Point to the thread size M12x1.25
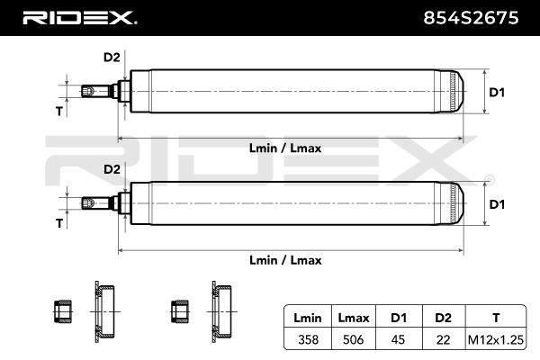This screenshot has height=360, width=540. point(495,340)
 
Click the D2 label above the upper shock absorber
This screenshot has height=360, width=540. point(112,58)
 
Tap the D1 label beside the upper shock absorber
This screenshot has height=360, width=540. point(497,92)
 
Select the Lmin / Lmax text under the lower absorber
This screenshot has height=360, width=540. point(286,259)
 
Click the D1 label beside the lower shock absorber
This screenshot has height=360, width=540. point(497,204)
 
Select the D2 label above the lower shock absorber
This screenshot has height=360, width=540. point(112,169)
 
